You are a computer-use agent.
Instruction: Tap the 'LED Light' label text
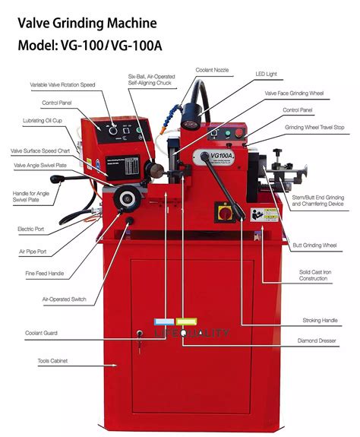[x=267, y=74]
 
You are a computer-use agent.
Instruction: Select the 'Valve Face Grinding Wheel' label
[x=294, y=93]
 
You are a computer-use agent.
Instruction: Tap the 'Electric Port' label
[x=30, y=228]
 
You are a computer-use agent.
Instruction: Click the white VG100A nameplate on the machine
[x=216, y=159]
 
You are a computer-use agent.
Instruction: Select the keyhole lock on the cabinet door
[x=140, y=334]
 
